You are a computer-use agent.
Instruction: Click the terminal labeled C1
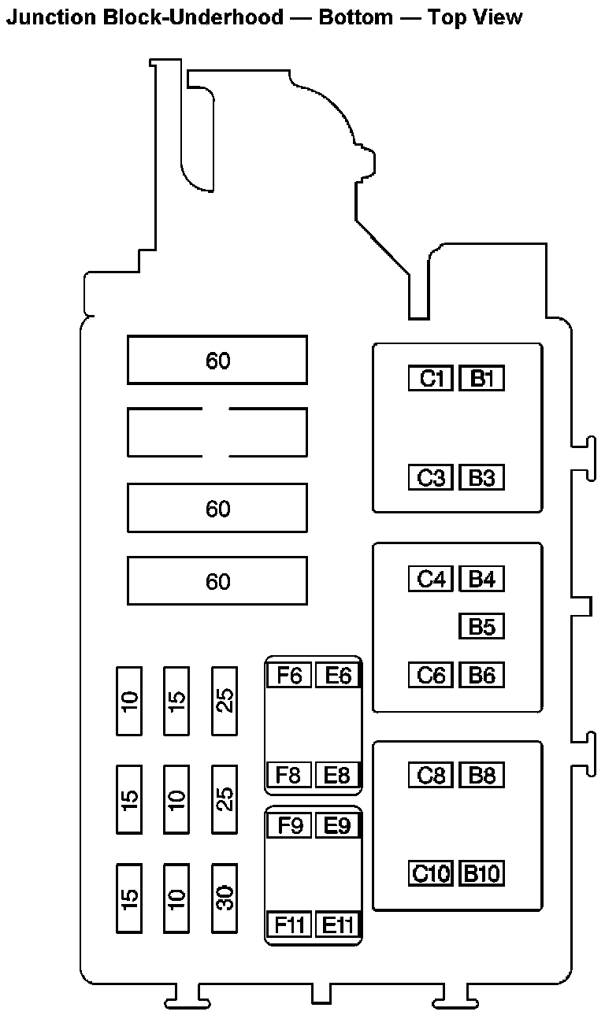tap(431, 379)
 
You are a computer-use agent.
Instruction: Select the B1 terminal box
tap(481, 379)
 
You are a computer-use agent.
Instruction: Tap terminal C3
tap(431, 478)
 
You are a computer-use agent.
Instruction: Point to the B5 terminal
tap(481, 627)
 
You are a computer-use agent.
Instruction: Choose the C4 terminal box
tap(431, 580)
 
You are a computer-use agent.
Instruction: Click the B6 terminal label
tap(481, 676)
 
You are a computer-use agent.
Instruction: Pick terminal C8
tap(431, 775)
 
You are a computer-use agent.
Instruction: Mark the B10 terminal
tap(481, 873)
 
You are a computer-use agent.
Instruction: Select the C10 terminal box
tap(431, 873)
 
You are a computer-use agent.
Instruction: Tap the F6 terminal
tap(289, 676)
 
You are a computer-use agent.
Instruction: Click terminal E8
tap(337, 775)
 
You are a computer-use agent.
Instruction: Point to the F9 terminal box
tap(289, 826)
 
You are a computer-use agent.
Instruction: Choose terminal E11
tap(337, 924)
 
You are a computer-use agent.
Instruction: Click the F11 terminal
tap(289, 924)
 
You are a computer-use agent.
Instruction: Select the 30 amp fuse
tap(225, 898)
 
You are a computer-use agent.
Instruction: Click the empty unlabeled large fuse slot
tap(217, 432)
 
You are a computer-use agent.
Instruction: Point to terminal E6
tap(337, 676)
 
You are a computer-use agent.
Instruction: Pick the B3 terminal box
tap(481, 478)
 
